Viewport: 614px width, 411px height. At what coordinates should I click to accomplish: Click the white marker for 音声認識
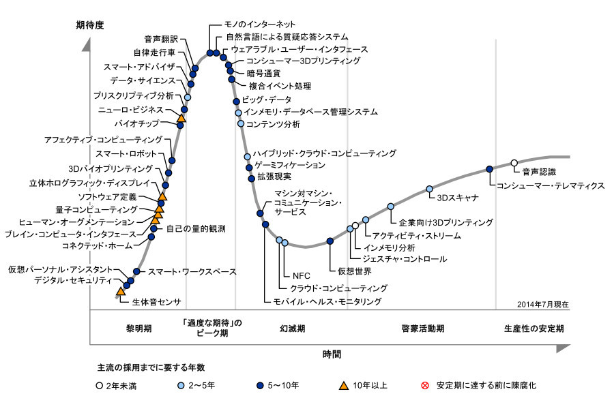(514, 163)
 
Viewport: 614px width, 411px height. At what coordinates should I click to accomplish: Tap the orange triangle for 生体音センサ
(121, 292)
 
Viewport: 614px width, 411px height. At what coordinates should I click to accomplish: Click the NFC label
(301, 275)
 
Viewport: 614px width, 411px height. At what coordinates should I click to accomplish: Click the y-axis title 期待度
(90, 25)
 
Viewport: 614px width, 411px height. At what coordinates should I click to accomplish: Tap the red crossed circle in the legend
(424, 386)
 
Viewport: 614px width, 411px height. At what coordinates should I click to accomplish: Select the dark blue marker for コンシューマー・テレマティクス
(490, 169)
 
